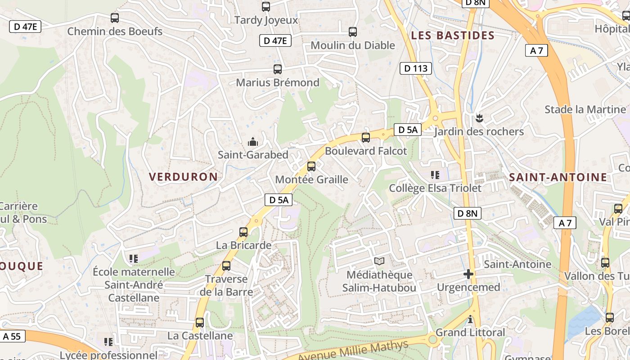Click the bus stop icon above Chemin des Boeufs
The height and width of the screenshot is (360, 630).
[115, 18]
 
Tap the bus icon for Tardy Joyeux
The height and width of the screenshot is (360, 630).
[266, 7]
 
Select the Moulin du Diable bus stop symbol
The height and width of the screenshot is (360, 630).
[353, 32]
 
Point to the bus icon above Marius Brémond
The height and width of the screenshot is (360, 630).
[278, 69]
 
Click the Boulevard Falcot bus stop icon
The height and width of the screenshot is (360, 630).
[366, 138]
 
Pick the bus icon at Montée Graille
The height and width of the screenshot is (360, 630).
[311, 166]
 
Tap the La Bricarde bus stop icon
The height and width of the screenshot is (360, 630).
[243, 232]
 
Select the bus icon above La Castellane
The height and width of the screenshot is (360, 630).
[200, 323]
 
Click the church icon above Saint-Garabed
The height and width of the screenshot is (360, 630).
[253, 142]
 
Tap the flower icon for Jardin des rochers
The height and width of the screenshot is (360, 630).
[479, 118]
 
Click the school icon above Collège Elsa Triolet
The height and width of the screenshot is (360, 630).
[435, 175]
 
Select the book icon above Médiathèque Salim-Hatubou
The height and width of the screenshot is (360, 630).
[379, 261]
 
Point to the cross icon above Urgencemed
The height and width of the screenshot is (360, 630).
[468, 274]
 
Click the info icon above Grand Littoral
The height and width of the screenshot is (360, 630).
[471, 319]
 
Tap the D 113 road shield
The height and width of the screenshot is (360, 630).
[416, 68]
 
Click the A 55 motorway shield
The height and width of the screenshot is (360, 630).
[12, 336]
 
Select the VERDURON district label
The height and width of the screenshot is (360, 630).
[183, 177]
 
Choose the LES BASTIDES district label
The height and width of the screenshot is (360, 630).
[453, 36]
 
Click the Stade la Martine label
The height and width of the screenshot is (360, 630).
[585, 109]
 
